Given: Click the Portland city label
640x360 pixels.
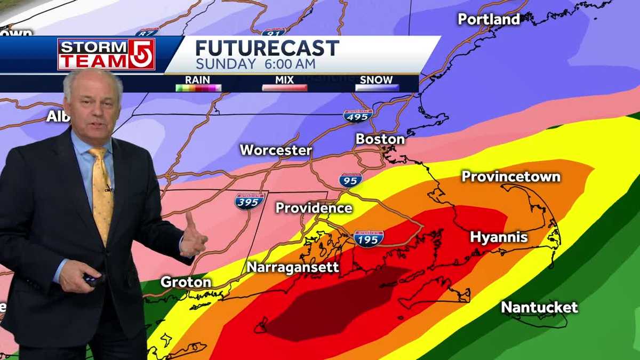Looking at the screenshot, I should (x=489, y=19).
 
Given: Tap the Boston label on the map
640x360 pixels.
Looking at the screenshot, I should (x=380, y=139).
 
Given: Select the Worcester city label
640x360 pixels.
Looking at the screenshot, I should (x=275, y=150).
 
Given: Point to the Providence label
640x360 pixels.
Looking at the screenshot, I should (x=314, y=208).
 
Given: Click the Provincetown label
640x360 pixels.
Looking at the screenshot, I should (x=510, y=177).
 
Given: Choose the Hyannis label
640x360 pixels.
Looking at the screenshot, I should (x=499, y=237).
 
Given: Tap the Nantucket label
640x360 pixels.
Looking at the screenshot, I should (x=539, y=307).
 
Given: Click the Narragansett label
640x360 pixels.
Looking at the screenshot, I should (x=293, y=267).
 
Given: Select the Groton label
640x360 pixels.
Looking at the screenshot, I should (x=186, y=282).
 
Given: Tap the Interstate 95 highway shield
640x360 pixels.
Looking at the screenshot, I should (x=350, y=180).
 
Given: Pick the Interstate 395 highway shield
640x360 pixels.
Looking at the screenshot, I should (x=249, y=201).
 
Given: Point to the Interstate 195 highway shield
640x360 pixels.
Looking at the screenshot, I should (x=369, y=238).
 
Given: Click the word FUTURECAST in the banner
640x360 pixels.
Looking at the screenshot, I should (x=267, y=49).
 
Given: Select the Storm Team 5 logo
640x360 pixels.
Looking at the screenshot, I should (x=106, y=54).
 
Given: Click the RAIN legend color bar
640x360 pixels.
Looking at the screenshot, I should (x=198, y=88).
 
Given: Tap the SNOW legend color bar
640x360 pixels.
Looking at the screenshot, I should (x=377, y=88).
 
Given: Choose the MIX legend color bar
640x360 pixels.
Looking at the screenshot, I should (x=284, y=88).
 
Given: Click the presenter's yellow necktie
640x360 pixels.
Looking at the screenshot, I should (x=101, y=192).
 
